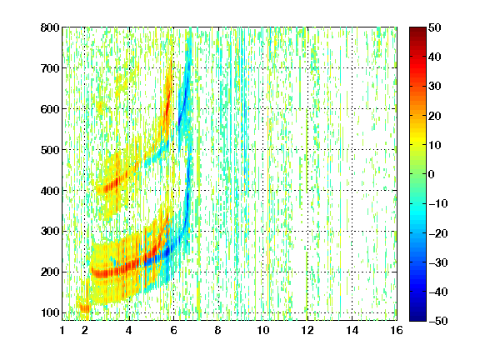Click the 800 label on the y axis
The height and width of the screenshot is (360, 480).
[x=50, y=27]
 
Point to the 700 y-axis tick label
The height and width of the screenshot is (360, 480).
[x=50, y=68]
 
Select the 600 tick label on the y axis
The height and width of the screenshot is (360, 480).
[x=50, y=109]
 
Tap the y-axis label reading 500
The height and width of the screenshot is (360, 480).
[x=50, y=150]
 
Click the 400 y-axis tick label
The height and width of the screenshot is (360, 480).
[x=50, y=191]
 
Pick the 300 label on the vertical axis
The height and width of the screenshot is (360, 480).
[x=50, y=232]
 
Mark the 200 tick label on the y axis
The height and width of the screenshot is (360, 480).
[x=50, y=272]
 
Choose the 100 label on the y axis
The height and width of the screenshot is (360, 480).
[x=50, y=312]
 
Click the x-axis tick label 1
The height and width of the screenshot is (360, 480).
[x=62, y=330]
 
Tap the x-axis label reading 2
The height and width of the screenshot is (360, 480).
[x=85, y=330]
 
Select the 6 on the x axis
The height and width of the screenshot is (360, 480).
[x=174, y=330]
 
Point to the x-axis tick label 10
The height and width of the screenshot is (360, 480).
[x=263, y=330]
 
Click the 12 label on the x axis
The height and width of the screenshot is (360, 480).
[x=307, y=330]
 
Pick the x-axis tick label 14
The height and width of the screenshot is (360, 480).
[x=352, y=330]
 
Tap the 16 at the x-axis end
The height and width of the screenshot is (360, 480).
[x=397, y=330]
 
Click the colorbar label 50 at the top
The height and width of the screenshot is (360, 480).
[x=434, y=27]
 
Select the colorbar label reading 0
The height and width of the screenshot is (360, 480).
[x=432, y=174]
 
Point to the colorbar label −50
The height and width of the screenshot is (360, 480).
[x=438, y=321]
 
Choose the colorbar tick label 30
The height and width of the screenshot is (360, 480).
[x=434, y=87]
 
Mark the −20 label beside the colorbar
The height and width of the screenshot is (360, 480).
[x=438, y=233]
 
